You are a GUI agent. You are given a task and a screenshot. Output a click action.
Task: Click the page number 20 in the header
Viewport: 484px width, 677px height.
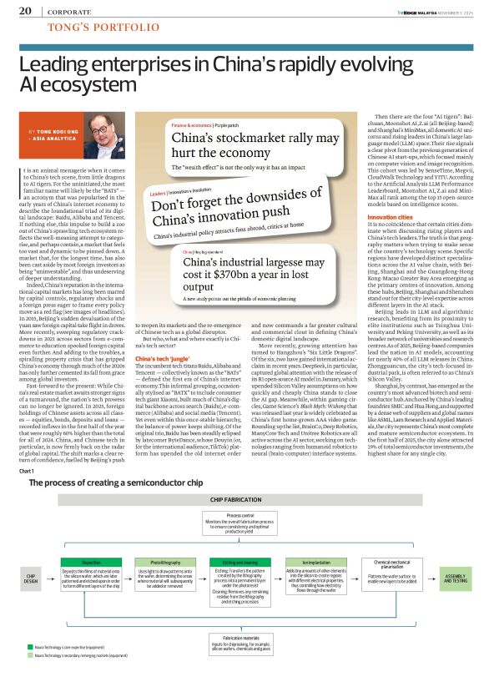click(x=25, y=12)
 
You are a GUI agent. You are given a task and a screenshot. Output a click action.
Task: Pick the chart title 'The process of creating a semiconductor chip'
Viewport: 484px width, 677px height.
click(x=112, y=482)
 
